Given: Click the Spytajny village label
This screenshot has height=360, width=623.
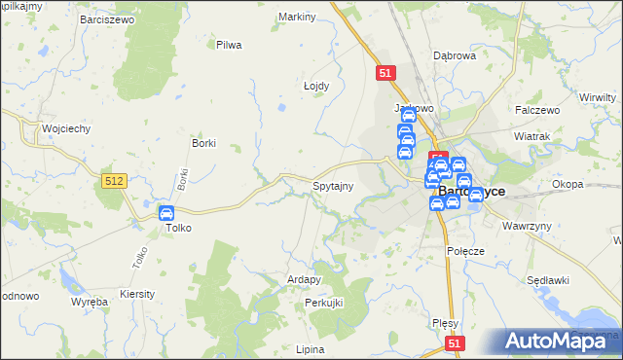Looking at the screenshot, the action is click(332, 185).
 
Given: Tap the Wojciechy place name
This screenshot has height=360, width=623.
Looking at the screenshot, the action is click(66, 128).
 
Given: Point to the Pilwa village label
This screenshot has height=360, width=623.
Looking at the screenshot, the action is click(229, 45).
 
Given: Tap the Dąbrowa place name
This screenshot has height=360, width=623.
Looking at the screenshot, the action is click(454, 55).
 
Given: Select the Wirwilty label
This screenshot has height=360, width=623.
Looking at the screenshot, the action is click(598, 97).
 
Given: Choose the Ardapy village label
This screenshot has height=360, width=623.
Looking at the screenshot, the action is click(304, 279).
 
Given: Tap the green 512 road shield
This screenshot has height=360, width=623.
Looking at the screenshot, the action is click(113, 180).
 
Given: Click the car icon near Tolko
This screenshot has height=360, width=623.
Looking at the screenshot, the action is click(166, 213).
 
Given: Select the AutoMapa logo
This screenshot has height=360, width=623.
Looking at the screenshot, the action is click(563, 341).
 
